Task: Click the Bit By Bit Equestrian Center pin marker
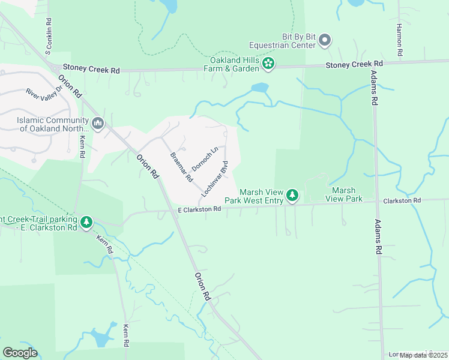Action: pyautogui.click(x=325, y=40)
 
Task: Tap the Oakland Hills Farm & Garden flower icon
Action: pyautogui.click(x=269, y=63)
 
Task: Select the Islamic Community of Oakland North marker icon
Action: pyautogui.click(x=98, y=124)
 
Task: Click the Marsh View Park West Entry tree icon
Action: pyautogui.click(x=292, y=194)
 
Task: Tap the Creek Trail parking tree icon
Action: pyautogui.click(x=86, y=223)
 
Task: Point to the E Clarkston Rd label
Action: pyautogui.click(x=200, y=209)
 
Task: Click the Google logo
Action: pyautogui.click(x=20, y=353)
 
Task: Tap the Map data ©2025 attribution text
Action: pyautogui.click(x=423, y=355)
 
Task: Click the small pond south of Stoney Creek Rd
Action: pyautogui.click(x=261, y=88)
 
